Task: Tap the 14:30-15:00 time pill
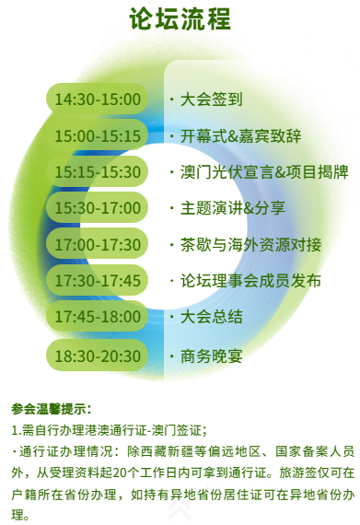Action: tap(97, 99)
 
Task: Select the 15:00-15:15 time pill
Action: tap(97, 135)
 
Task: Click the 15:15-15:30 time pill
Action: tap(97, 171)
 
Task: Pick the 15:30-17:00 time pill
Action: tap(97, 208)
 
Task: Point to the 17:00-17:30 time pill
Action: tap(97, 244)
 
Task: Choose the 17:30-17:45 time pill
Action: tap(97, 281)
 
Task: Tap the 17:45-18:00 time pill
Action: tap(97, 317)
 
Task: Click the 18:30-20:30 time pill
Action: tap(97, 356)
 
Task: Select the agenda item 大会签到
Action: tap(211, 99)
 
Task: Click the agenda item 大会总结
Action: tap(211, 317)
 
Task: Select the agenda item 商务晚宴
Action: tap(211, 356)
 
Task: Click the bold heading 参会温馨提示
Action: tap(52, 408)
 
